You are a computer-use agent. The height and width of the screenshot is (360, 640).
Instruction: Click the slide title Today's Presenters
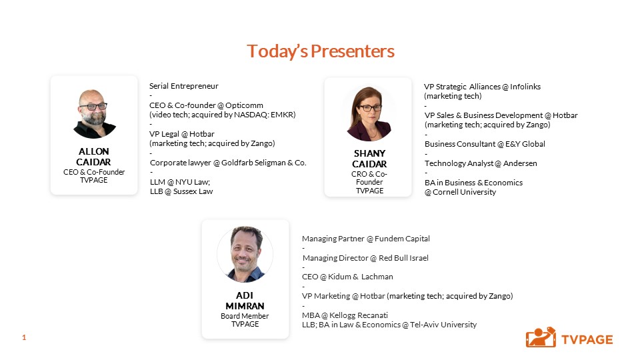click(321, 51)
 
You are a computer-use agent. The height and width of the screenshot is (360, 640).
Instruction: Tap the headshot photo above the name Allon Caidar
click(94, 114)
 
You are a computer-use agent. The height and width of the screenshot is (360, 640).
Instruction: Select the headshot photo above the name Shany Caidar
click(369, 114)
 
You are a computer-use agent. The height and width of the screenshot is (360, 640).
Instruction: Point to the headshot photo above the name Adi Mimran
click(245, 254)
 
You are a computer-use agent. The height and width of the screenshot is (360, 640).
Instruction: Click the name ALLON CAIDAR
click(93, 156)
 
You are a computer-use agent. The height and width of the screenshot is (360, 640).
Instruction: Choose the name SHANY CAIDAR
click(369, 159)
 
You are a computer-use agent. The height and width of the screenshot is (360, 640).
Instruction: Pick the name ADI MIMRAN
click(245, 301)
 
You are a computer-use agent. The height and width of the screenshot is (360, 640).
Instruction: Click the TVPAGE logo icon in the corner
click(541, 337)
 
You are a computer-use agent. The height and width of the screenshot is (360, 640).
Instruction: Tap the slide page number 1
click(24, 337)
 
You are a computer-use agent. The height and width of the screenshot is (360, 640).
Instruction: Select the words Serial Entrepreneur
click(184, 86)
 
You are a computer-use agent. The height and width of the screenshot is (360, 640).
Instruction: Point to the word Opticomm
click(244, 105)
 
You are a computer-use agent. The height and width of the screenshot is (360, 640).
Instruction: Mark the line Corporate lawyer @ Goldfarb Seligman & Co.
click(228, 163)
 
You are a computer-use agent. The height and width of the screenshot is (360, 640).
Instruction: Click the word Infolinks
click(525, 87)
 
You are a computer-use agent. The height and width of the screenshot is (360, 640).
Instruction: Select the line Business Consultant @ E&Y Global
click(485, 144)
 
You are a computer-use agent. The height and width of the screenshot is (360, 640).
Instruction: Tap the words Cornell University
click(464, 192)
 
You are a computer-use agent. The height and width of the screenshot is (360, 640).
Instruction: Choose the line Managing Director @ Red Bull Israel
click(366, 258)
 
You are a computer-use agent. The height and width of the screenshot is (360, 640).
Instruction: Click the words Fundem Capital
click(402, 239)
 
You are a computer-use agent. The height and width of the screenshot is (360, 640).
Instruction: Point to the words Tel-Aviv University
click(443, 325)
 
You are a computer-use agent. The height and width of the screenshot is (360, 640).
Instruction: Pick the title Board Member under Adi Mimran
click(245, 316)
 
